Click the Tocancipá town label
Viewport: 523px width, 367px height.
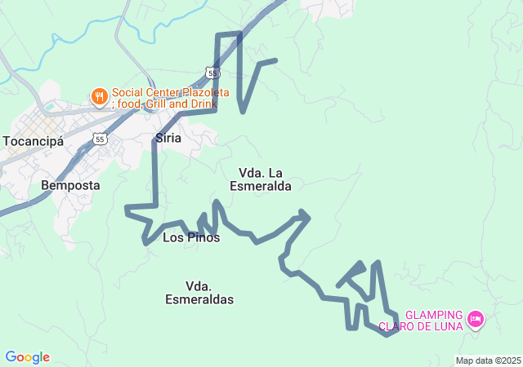(34, 140)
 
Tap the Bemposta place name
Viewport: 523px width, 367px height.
(70, 185)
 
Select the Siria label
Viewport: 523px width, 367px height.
(168, 139)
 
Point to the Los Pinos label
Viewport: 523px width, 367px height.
(191, 237)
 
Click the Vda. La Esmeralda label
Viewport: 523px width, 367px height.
(261, 179)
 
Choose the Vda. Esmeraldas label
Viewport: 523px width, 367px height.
(199, 293)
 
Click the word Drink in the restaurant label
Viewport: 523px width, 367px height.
(203, 104)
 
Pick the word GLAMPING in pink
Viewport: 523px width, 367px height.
(435, 315)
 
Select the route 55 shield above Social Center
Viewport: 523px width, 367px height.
(212, 73)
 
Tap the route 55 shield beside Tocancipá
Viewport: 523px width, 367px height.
(100, 139)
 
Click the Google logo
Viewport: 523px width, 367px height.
(28, 357)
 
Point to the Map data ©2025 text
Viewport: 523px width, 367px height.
(488, 360)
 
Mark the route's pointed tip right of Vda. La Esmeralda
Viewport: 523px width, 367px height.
(308, 215)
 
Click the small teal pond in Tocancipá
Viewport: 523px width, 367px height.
(49, 106)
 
